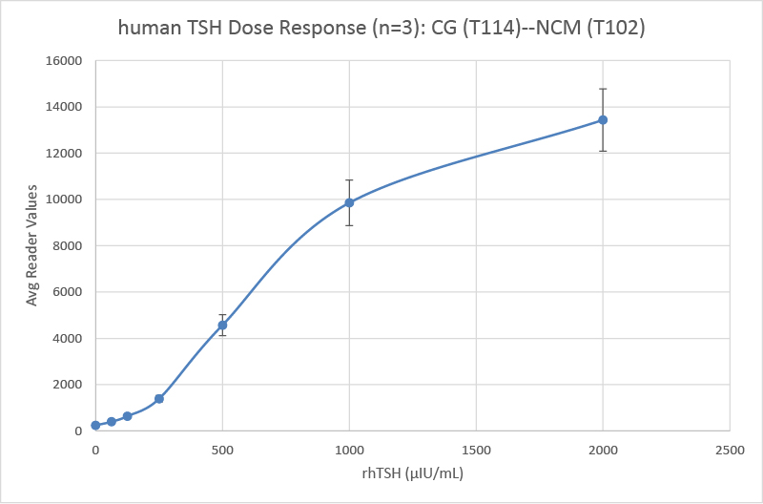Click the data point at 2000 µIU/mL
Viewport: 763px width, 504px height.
603,119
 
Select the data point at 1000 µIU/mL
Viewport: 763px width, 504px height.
349,202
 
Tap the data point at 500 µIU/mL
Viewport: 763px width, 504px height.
222,325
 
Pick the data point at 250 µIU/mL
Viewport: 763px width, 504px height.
159,398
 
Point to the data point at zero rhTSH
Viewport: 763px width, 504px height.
95,425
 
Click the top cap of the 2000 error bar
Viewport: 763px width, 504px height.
603,89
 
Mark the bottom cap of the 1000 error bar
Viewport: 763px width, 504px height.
349,225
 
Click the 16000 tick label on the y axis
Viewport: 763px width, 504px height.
66,61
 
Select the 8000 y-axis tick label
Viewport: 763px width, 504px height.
69,246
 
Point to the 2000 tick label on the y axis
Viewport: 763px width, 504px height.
69,385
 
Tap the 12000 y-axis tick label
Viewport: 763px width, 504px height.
66,154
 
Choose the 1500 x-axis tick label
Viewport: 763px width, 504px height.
476,448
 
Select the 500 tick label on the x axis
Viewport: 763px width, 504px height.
222,448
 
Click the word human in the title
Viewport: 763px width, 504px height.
146,29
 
